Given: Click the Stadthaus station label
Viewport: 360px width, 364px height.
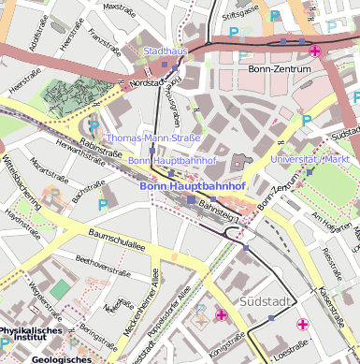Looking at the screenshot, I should [x=166, y=51].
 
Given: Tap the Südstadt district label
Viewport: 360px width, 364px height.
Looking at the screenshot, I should [x=266, y=301].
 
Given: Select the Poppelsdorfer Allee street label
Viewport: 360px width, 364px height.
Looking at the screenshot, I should [x=169, y=315].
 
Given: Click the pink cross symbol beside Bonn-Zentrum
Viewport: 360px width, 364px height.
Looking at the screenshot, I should [x=314, y=51].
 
